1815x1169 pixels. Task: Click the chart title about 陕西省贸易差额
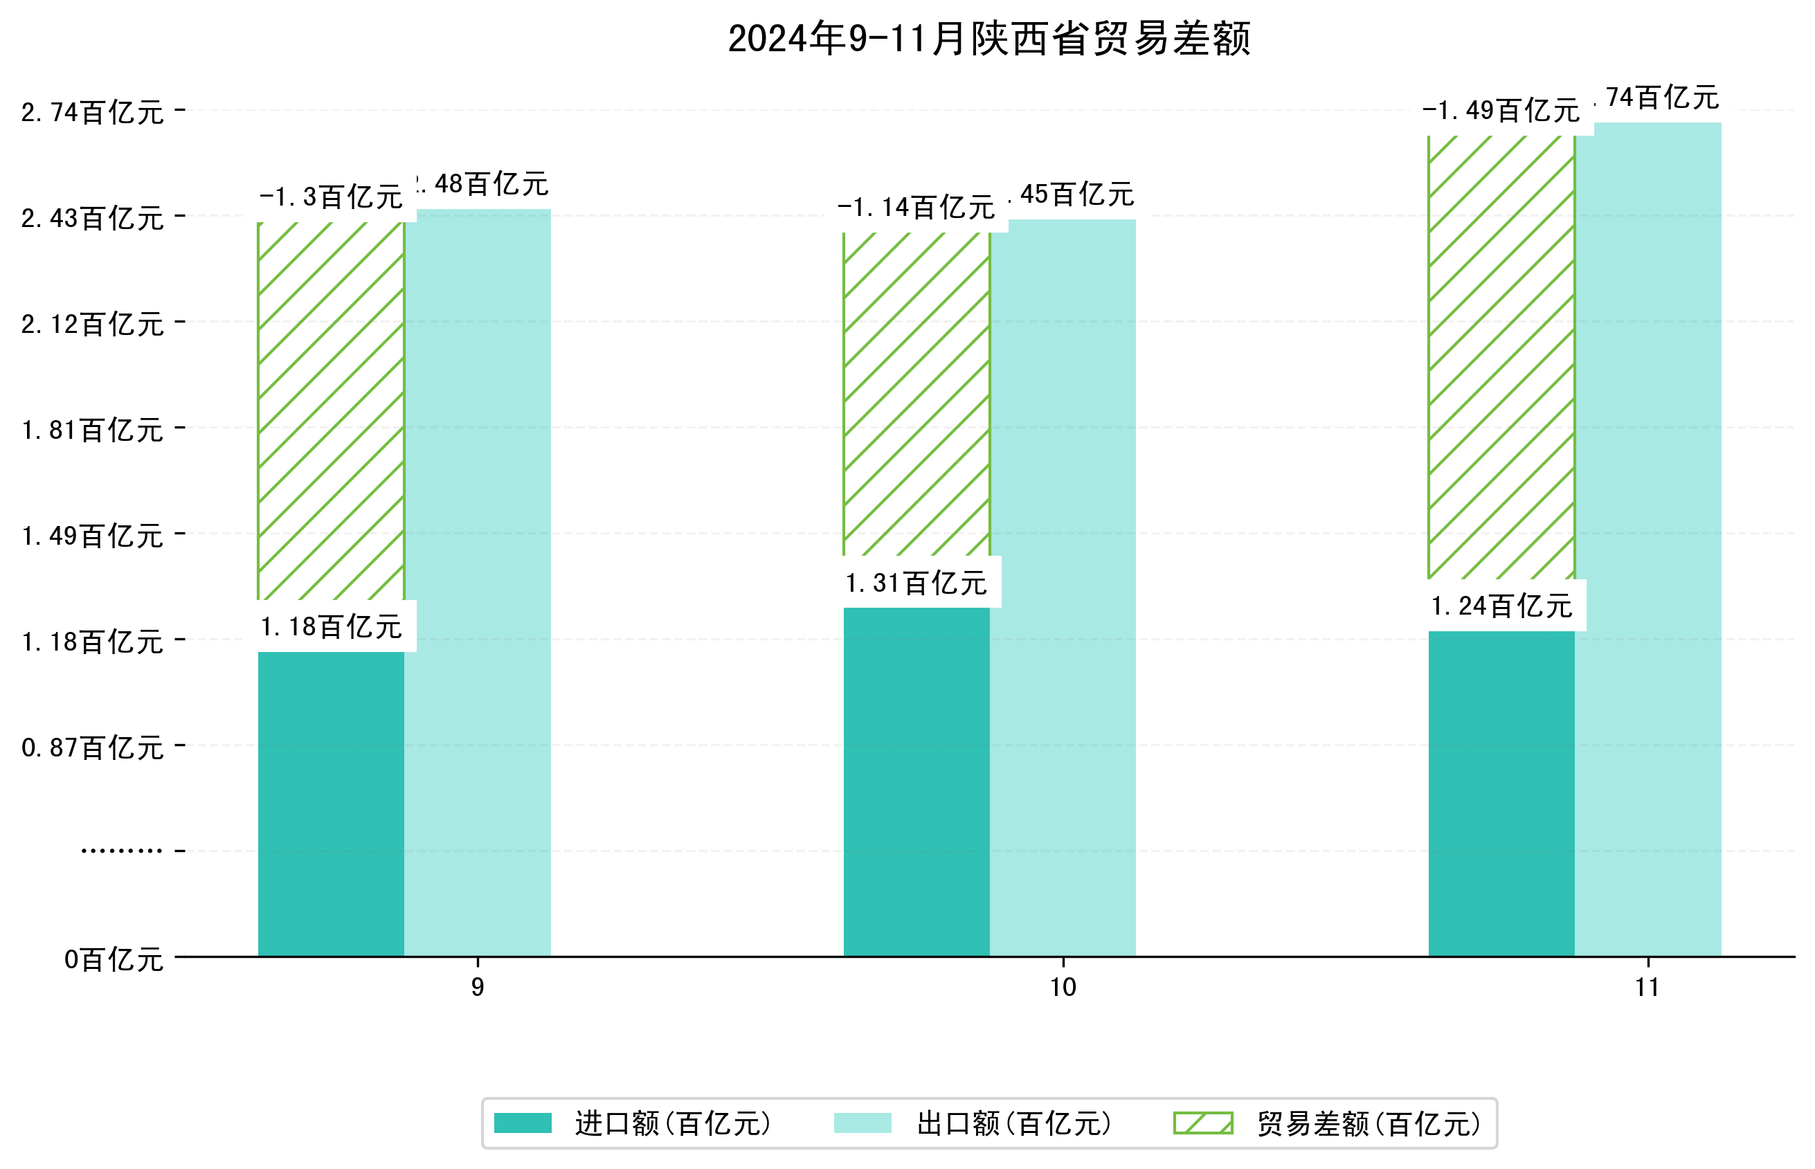[988, 39]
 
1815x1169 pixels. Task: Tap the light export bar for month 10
[1062, 588]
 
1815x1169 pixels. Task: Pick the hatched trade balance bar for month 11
[1501, 356]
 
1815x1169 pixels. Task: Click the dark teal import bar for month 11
[1501, 792]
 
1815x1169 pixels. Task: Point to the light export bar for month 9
[477, 582]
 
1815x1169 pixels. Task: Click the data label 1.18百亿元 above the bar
[331, 627]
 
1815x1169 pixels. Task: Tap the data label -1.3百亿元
[331, 197]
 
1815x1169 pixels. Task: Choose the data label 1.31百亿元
[916, 583]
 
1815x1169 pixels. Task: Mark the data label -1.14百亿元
[916, 207]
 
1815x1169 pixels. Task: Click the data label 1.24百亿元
[1501, 606]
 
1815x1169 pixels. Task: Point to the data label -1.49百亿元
[1501, 111]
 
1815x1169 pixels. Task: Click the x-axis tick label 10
[1062, 987]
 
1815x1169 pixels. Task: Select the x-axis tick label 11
[1647, 987]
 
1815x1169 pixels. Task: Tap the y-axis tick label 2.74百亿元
[92, 112]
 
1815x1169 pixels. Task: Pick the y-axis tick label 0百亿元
[114, 959]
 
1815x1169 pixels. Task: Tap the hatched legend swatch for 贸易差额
[1202, 1123]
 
